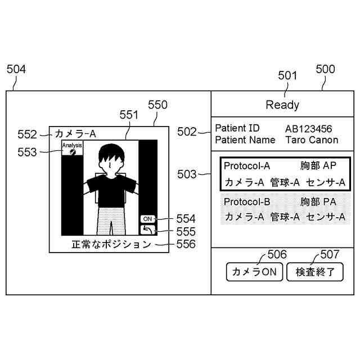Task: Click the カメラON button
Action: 254,272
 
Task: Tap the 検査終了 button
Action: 315,272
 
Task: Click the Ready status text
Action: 282,105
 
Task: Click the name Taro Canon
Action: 312,140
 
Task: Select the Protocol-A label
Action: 247,166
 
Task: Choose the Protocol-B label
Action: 247,202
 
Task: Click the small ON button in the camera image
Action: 147,219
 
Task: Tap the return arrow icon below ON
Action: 147,229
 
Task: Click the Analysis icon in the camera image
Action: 73,148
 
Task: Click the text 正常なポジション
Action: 111,244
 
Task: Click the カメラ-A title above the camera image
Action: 75,134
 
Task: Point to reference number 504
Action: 16,69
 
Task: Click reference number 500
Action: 325,69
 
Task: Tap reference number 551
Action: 129,115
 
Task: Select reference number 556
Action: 186,244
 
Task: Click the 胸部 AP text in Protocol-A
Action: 318,166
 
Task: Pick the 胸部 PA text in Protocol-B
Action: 318,202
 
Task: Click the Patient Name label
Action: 245,140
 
